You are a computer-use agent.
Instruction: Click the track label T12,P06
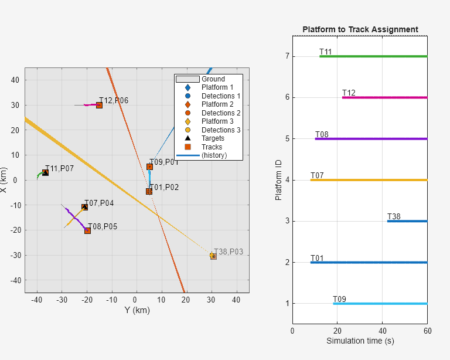coord(114,101)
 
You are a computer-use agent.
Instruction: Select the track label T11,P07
coord(60,169)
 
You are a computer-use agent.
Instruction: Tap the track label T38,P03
coord(229,252)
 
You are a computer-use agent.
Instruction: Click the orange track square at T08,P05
coord(87,230)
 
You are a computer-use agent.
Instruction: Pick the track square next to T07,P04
coord(85,207)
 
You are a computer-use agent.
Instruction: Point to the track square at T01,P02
coord(149,191)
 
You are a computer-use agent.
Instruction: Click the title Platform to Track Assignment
coord(360,29)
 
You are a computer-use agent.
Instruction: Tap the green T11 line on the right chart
coord(375,56)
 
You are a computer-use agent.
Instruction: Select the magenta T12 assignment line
coord(387,97)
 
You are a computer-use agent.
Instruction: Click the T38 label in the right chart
coord(394,217)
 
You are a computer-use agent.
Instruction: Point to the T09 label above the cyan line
coord(339,300)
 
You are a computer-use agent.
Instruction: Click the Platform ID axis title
coord(279,179)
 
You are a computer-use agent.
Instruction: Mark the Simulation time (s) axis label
coord(360,341)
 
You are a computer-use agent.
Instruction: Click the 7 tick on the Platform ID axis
coord(287,56)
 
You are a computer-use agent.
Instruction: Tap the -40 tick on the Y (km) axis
coord(37,300)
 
